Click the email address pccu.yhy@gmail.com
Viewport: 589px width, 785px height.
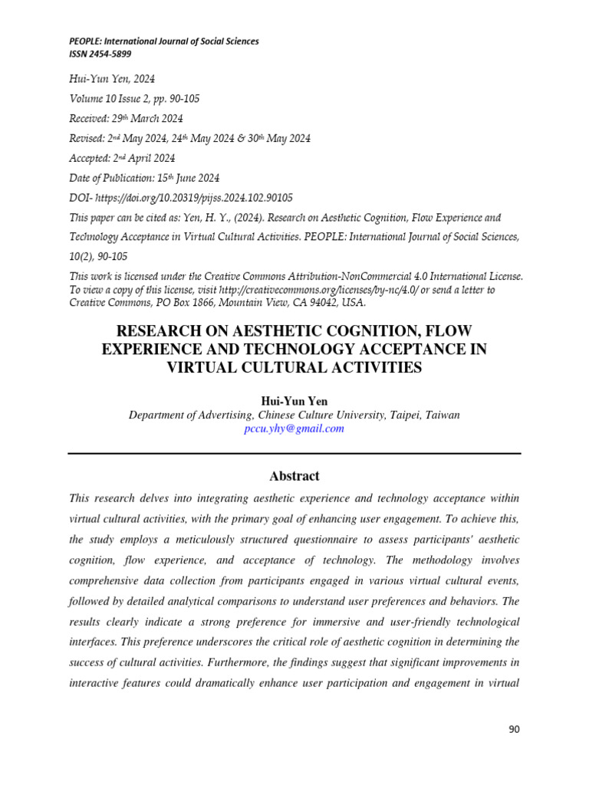coord(294,429)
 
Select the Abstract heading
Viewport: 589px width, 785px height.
coord(294,475)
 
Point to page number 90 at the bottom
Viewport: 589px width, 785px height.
coord(514,729)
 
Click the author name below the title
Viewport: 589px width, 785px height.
coord(294,401)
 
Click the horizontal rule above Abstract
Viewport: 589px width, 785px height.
coord(294,454)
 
